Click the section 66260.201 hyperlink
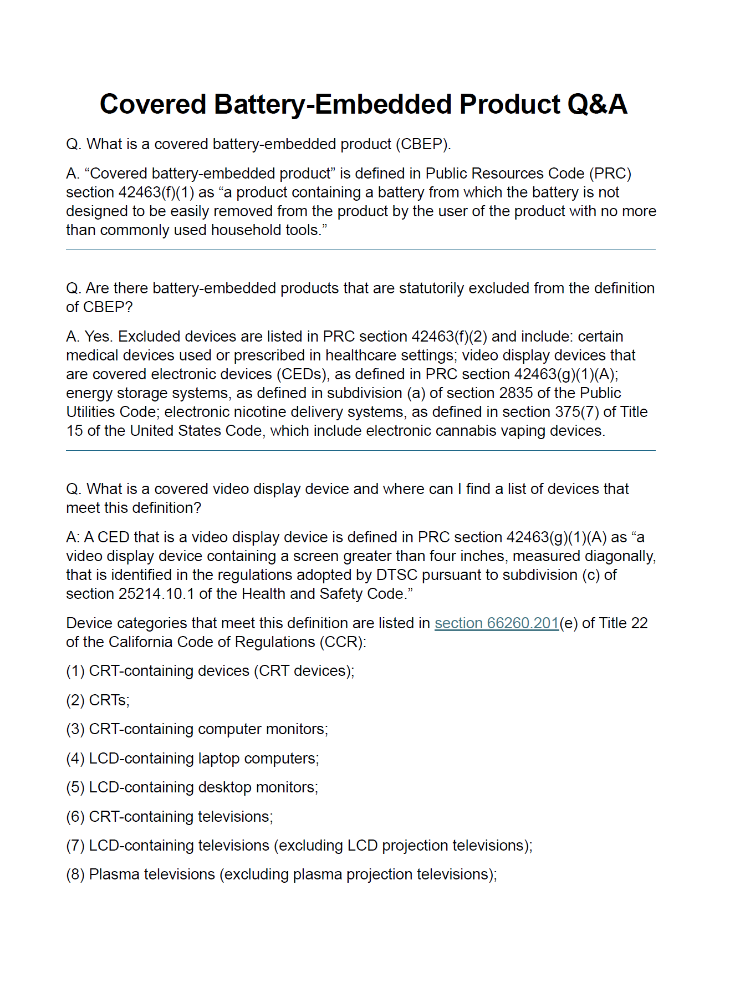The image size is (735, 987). click(x=496, y=623)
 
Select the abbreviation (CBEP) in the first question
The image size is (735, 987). click(x=422, y=144)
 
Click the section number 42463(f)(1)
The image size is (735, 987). click(x=156, y=192)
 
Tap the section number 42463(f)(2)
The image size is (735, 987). click(x=449, y=337)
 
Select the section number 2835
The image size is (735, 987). click(x=516, y=393)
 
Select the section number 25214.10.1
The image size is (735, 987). click(x=156, y=594)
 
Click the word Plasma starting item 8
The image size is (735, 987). click(x=114, y=874)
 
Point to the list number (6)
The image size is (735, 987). click(x=75, y=817)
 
